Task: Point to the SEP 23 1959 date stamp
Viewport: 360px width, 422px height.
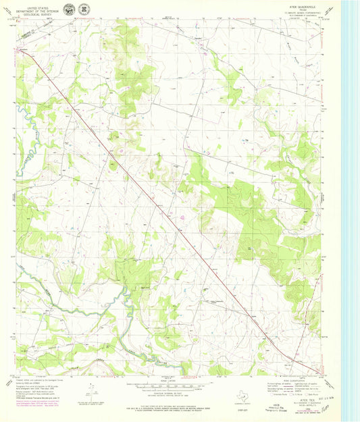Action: tap(315, 398)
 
